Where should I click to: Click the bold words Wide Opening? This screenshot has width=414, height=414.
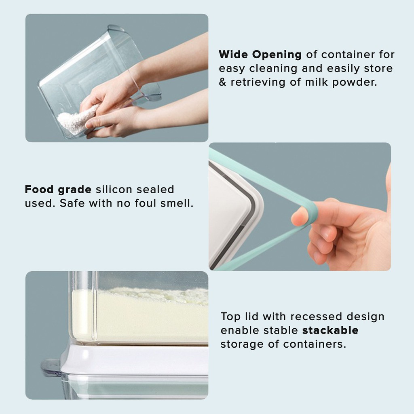pyautogui.click(x=260, y=55)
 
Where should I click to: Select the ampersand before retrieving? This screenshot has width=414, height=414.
pyautogui.click(x=223, y=82)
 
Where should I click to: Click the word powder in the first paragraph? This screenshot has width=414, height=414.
pyautogui.click(x=354, y=82)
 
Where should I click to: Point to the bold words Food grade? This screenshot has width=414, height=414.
pyautogui.click(x=58, y=189)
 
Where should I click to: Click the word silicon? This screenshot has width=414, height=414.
pyautogui.click(x=114, y=189)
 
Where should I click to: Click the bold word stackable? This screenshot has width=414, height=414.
pyautogui.click(x=330, y=330)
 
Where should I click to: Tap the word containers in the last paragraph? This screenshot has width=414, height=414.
pyautogui.click(x=315, y=344)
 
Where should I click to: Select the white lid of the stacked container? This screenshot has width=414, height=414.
pyautogui.click(x=135, y=359)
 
